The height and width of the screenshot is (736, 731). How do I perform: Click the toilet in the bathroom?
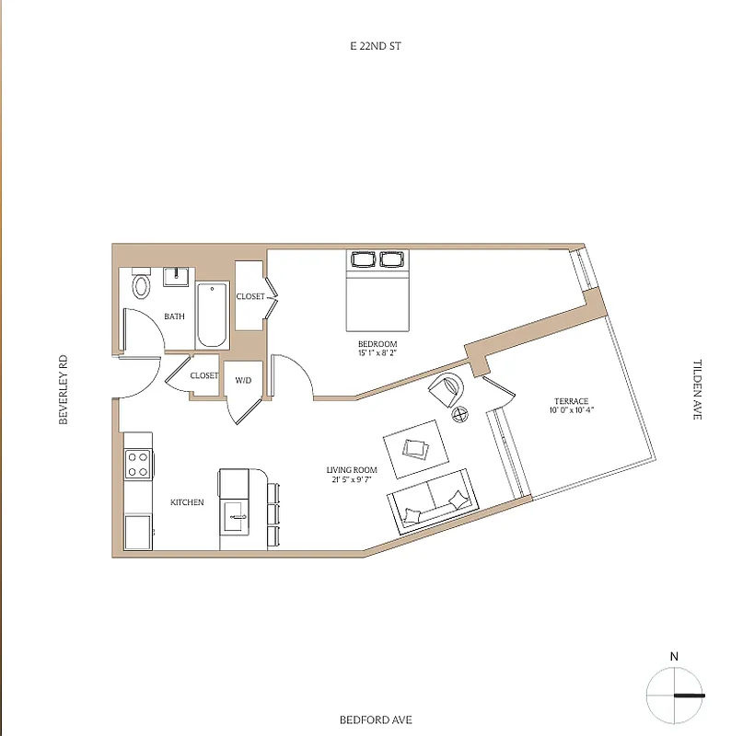[x=141, y=286]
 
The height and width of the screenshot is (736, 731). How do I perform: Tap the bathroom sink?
[x=177, y=276]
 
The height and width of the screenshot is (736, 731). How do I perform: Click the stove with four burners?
[x=138, y=462]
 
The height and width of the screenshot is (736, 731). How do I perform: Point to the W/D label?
[x=244, y=379]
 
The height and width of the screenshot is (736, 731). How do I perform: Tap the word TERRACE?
[x=570, y=401]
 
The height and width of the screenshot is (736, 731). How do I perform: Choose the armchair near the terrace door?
[x=448, y=389]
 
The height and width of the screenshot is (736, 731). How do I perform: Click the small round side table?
[x=461, y=415]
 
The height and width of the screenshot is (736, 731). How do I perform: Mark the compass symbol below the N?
[x=675, y=695]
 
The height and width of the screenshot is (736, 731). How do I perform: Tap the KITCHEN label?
[x=187, y=502]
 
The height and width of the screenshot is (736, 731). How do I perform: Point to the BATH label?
[x=174, y=316]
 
